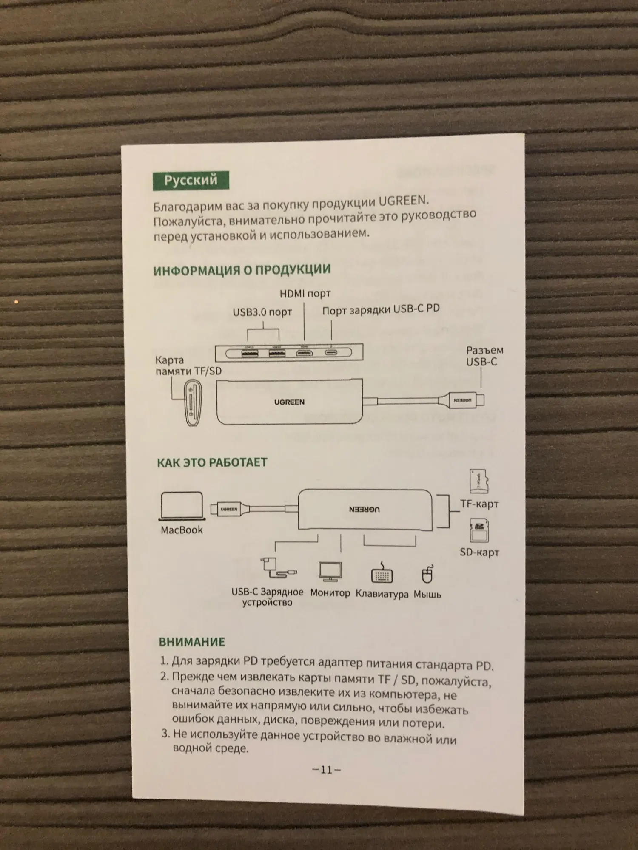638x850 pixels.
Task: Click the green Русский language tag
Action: pos(191,180)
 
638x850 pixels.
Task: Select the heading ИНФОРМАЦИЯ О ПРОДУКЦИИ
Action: pos(242,270)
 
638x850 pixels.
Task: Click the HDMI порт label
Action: pos(305,293)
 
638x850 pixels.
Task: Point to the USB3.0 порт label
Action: pos(262,312)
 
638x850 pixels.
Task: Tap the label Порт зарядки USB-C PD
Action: pos(381,309)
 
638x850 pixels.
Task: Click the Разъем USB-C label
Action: pos(484,356)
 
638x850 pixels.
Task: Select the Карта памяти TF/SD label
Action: pos(188,365)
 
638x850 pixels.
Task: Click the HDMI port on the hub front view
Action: pos(305,352)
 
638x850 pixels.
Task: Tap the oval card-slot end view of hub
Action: pos(194,402)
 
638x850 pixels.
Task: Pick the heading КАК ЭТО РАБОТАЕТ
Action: pos(212,462)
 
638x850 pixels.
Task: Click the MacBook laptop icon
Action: pos(182,506)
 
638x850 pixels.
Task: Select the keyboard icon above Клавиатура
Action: pos(382,574)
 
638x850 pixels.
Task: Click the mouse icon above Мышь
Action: pos(427,575)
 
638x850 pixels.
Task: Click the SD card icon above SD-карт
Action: pos(479,530)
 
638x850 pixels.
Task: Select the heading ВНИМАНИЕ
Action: pos(192,642)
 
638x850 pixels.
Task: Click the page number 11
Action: pos(326,770)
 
